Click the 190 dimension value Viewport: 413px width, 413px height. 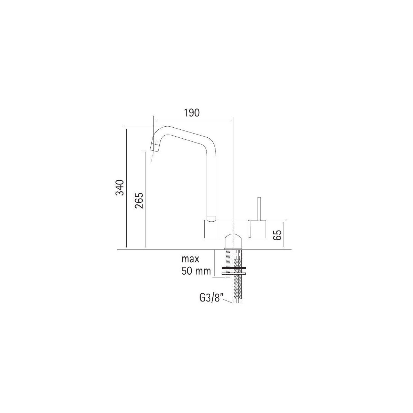click(x=192, y=113)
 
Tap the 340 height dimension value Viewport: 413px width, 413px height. click(x=120, y=188)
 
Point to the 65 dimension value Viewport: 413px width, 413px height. click(x=277, y=235)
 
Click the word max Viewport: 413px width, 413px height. click(x=190, y=259)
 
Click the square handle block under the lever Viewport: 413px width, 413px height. click(x=258, y=229)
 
